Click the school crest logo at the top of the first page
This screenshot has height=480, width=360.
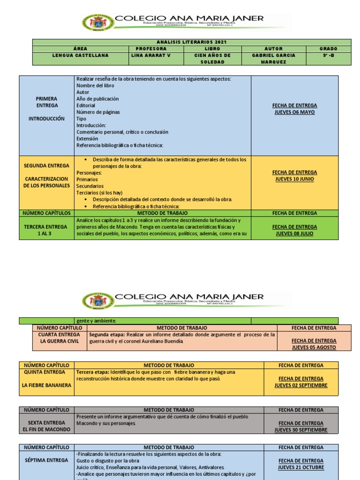(97, 22)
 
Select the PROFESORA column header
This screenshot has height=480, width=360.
(151, 49)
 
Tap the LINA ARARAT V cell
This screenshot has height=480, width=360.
(151, 55)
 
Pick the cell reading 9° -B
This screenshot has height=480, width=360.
(328, 55)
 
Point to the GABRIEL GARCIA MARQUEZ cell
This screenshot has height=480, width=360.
(273, 59)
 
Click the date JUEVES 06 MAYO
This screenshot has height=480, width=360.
(294, 112)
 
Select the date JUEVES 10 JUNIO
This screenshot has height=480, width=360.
(294, 179)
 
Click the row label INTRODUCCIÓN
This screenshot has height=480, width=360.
(46, 119)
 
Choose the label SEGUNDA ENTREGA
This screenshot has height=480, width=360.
(46, 165)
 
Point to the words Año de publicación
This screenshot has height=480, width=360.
(97, 99)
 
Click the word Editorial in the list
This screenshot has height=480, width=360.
(85, 105)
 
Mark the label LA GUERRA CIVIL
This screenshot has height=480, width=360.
(60, 341)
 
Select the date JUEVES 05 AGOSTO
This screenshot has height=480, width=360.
(314, 347)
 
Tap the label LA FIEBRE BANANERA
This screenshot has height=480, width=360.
(46, 385)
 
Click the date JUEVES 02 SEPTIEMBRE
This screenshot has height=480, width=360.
(301, 385)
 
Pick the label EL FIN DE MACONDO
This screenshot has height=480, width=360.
(46, 429)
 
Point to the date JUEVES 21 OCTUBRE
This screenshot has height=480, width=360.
(300, 467)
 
